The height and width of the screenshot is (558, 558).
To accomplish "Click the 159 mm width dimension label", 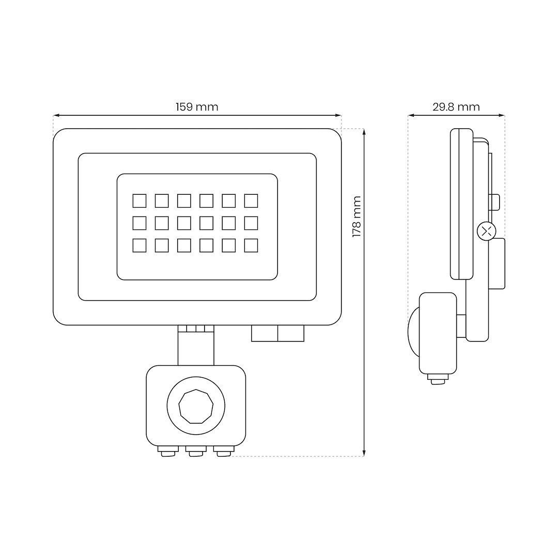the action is click(x=197, y=107).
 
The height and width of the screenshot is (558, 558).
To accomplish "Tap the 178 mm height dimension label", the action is click(x=357, y=216).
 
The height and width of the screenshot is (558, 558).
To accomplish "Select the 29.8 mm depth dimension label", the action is click(x=456, y=107).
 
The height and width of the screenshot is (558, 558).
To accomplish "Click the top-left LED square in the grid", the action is click(x=139, y=200).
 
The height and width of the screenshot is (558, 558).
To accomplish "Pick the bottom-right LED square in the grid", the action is click(x=251, y=245).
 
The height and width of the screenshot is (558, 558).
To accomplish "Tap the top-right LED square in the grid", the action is click(x=251, y=200).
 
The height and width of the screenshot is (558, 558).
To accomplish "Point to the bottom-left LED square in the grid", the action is click(x=139, y=245).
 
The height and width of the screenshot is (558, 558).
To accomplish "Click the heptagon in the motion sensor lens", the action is click(x=196, y=406).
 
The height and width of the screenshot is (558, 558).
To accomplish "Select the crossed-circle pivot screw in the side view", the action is click(x=487, y=231).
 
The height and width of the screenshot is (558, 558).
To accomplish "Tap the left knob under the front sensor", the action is click(x=168, y=451).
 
